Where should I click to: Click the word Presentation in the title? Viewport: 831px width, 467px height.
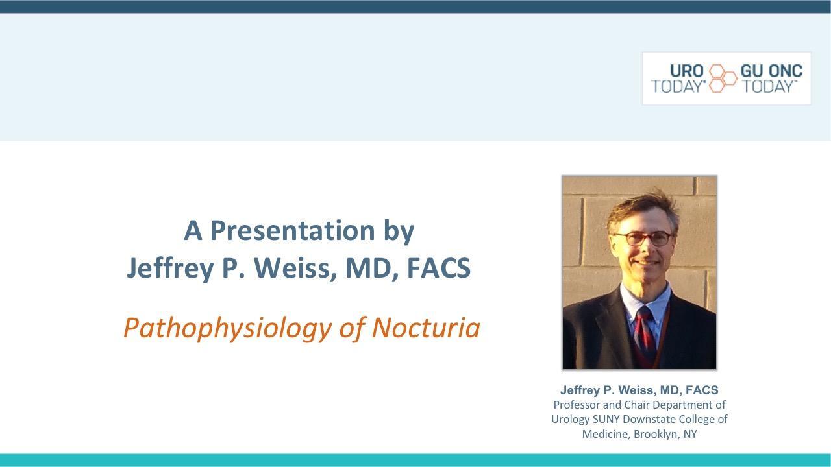[293, 230]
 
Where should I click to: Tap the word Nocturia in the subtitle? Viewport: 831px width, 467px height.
[426, 328]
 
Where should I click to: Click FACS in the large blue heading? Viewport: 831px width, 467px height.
[439, 268]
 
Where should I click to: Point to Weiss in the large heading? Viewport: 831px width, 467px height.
[292, 268]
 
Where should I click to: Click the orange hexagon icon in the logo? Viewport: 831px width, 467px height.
[722, 78]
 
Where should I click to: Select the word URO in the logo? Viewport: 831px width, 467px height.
[687, 71]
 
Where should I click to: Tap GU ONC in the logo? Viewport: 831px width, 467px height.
[771, 71]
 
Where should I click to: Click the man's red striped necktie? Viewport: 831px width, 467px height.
[645, 333]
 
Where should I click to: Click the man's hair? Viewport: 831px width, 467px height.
[643, 210]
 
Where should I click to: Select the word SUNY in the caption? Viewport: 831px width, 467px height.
[606, 419]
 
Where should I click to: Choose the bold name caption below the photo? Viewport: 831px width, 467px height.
[639, 390]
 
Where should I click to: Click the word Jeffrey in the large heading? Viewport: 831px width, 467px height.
[170, 268]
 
